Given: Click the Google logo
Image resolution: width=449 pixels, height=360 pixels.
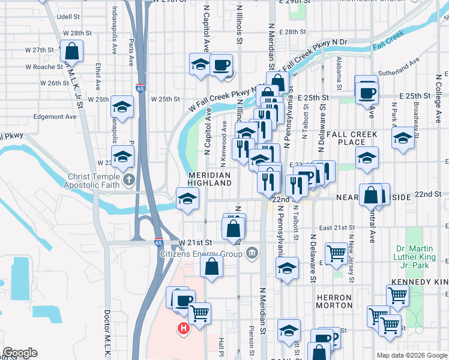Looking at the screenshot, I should pyautogui.click(x=20, y=353).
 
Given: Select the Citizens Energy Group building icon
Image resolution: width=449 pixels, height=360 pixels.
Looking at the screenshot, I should pyautogui.click(x=252, y=253).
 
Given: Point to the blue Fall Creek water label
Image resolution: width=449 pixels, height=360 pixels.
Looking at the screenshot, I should pyautogui.click(x=385, y=45).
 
